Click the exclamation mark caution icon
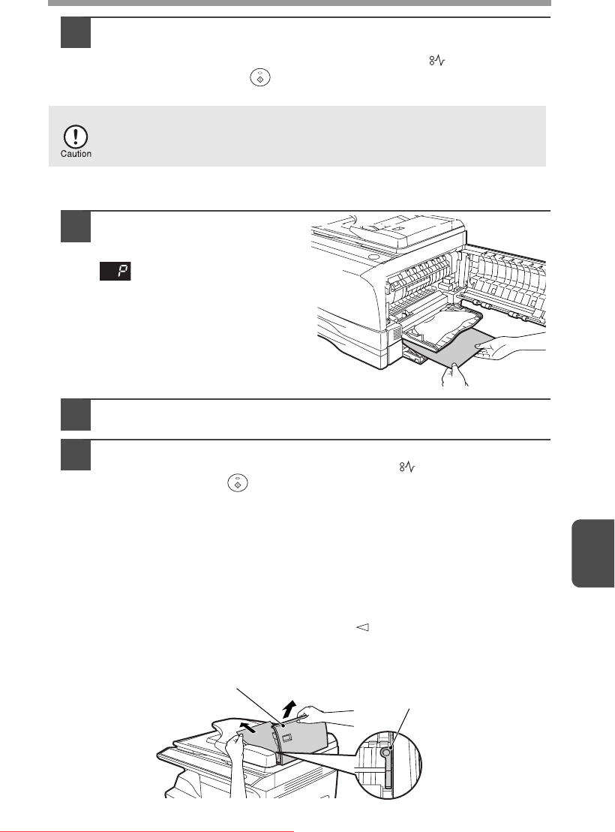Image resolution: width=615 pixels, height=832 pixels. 76,137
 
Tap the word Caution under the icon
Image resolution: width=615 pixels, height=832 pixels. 76,154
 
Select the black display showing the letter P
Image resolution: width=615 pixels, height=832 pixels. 115,271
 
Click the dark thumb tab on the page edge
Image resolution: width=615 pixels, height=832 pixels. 592,554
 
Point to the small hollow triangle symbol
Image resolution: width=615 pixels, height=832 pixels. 362,627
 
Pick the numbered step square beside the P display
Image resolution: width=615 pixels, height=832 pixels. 75,227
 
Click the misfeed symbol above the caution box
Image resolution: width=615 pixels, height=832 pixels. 437,62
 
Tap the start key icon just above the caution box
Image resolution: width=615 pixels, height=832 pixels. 260,77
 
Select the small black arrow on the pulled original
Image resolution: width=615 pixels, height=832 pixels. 247,726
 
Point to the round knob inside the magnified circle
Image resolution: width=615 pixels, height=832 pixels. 386,752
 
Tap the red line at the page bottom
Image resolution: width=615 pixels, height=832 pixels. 146,830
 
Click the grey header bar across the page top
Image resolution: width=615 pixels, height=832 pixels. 299,3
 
